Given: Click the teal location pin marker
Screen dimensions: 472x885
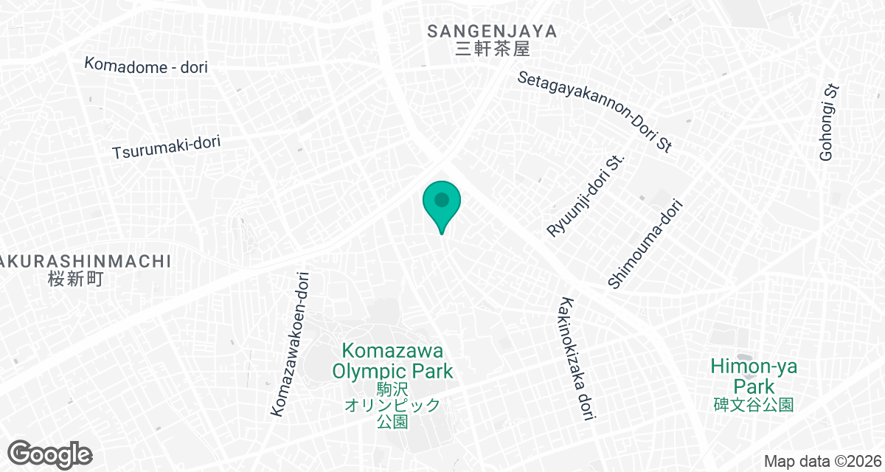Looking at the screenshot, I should [x=442, y=206].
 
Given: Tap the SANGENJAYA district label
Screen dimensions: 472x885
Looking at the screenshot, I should [x=492, y=31].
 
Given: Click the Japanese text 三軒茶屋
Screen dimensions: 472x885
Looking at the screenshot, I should [x=492, y=50].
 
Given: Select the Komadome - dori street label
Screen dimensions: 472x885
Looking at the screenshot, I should [x=146, y=66].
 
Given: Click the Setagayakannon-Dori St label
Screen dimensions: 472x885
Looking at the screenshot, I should [x=594, y=111].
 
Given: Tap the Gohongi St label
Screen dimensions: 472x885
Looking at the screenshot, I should [x=830, y=122].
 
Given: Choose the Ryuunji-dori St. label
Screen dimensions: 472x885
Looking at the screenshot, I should [x=586, y=195].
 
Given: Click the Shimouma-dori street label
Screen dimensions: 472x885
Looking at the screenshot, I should [x=643, y=243].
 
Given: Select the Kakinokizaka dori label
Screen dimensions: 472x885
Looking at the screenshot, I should [x=577, y=358].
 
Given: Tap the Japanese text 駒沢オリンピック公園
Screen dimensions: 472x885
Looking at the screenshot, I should [x=392, y=405].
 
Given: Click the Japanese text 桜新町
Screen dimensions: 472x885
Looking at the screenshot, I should [x=76, y=279].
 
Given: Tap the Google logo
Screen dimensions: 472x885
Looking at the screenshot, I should [x=50, y=454].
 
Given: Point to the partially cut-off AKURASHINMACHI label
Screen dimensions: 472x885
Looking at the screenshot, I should [x=86, y=261].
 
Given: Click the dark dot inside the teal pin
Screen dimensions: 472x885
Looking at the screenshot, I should [x=442, y=199].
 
